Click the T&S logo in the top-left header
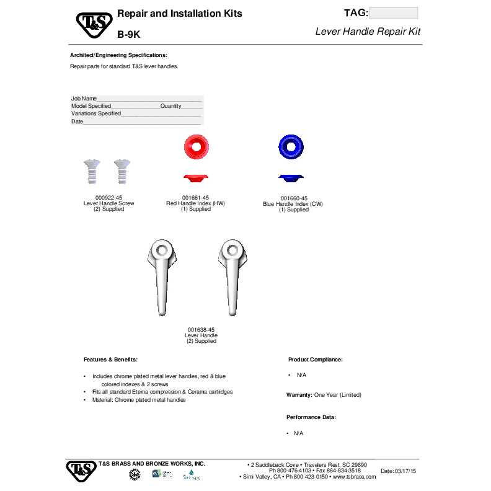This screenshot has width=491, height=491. [x=94, y=25]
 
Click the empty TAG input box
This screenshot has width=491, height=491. [x=393, y=13]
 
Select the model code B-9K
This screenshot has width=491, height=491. [x=129, y=35]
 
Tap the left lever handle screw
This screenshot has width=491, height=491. [x=91, y=171]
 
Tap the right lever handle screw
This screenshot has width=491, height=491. [x=121, y=171]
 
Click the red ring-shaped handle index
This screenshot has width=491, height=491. [x=197, y=146]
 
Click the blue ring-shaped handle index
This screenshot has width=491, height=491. [x=291, y=146]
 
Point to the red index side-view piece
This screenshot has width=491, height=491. [x=196, y=179]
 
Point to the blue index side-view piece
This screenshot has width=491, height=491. [x=291, y=179]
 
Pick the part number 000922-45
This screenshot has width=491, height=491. [x=108, y=198]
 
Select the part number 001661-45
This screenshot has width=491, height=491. [x=196, y=198]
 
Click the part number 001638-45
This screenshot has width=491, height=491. [x=201, y=330]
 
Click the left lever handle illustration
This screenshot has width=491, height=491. [x=162, y=273]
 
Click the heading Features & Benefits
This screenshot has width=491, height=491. [x=110, y=360]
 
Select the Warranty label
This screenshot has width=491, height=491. [x=299, y=395]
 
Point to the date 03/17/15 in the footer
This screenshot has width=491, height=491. [x=406, y=472]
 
